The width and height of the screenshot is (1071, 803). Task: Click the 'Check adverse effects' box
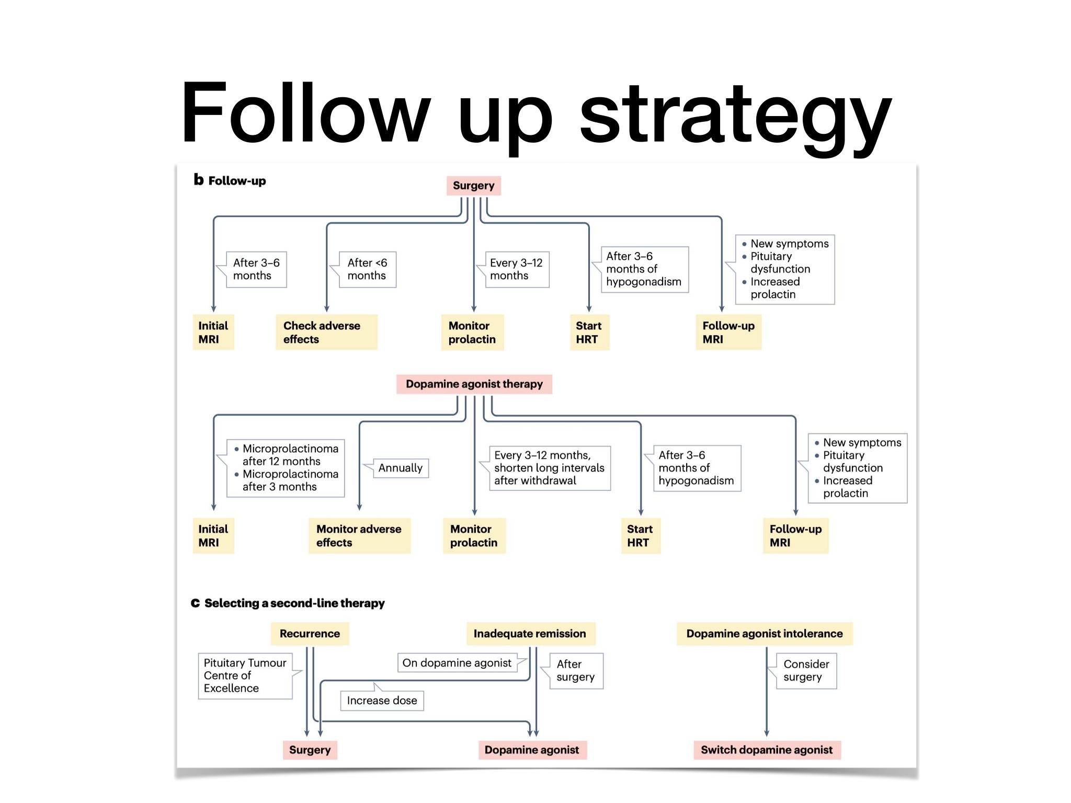click(x=326, y=332)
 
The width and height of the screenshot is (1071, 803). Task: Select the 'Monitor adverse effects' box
click(x=359, y=535)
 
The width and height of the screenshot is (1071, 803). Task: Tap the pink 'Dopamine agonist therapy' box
click(x=474, y=384)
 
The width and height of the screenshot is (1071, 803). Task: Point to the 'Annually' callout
click(x=401, y=468)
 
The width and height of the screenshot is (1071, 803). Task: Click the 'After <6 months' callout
click(x=367, y=269)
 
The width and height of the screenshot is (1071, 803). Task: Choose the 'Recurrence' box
click(x=310, y=634)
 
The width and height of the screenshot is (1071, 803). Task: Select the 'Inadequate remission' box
click(x=530, y=634)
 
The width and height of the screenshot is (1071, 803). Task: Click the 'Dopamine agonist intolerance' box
click(x=765, y=634)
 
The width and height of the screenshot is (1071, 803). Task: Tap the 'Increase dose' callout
click(x=382, y=701)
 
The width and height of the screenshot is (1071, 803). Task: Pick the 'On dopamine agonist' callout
click(x=457, y=663)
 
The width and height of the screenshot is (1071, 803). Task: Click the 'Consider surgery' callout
click(x=806, y=671)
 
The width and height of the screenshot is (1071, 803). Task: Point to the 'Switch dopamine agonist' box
click(x=767, y=750)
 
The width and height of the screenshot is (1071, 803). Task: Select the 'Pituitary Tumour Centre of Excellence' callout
click(x=245, y=675)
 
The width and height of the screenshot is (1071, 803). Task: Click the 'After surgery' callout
click(x=576, y=671)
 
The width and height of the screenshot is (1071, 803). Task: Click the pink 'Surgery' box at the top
click(x=474, y=186)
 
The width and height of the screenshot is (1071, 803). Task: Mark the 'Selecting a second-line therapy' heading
click(x=294, y=603)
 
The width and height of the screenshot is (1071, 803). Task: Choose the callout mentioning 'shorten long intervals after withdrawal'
click(x=549, y=468)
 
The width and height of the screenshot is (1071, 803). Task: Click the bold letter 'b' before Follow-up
click(x=199, y=180)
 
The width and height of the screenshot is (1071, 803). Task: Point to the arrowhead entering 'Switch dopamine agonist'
click(x=767, y=733)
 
